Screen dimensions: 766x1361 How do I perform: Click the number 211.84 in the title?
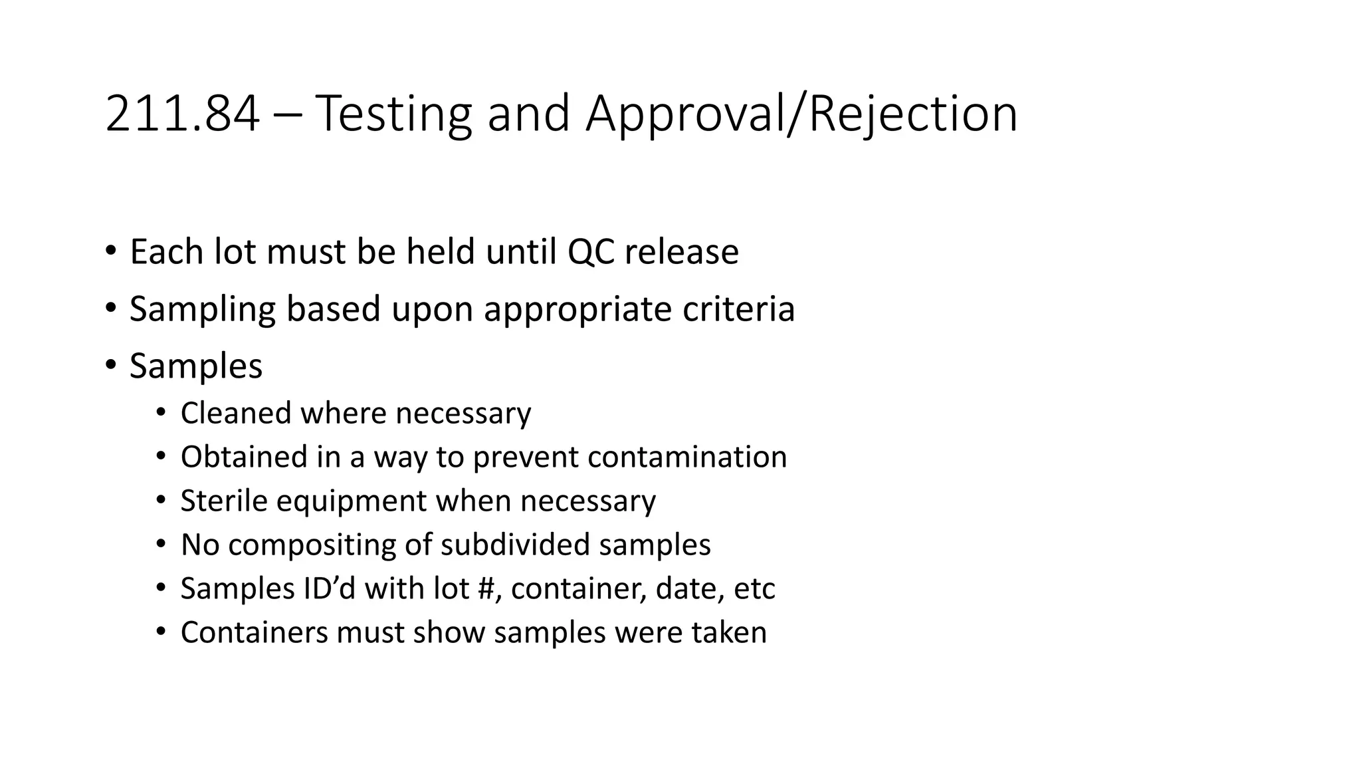point(182,114)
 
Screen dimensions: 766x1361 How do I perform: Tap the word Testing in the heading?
point(392,114)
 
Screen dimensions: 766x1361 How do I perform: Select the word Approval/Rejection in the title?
point(801,114)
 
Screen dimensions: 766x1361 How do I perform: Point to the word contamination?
point(687,457)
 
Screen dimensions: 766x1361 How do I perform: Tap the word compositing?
point(312,545)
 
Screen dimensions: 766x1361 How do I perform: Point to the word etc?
point(754,588)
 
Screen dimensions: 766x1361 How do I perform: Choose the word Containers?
point(254,632)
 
